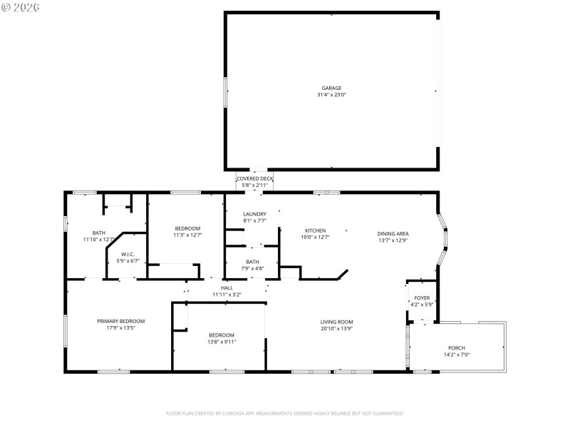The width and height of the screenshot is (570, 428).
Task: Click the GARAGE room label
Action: point(331,88)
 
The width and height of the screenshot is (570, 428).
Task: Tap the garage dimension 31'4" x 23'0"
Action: point(331,95)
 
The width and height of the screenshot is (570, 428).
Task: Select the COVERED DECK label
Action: point(254,178)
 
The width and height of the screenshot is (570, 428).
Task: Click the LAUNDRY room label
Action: point(254,214)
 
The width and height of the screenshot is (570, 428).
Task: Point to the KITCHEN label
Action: point(316,230)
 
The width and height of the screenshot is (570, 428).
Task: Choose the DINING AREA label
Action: point(393,233)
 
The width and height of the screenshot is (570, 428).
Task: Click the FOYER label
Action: point(422,297)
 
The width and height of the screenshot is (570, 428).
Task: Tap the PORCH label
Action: point(457,347)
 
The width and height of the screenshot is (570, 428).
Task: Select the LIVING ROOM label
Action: point(337,322)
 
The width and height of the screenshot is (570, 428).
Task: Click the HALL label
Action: point(227,287)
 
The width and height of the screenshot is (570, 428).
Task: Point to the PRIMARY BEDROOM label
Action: point(121,321)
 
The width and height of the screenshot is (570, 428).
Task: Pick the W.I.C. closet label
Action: point(128,254)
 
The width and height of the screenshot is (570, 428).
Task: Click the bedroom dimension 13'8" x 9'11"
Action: point(222,342)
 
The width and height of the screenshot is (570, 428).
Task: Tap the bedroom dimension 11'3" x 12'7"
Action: point(188,235)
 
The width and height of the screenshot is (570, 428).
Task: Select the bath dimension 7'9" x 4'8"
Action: point(252,268)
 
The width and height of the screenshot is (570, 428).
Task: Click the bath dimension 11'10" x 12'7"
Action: point(99,239)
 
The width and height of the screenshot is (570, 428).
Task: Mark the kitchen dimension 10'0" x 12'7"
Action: point(316,237)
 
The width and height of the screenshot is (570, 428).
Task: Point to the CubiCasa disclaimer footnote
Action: point(285,413)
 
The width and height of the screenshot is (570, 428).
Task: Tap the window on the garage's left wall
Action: point(227,93)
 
